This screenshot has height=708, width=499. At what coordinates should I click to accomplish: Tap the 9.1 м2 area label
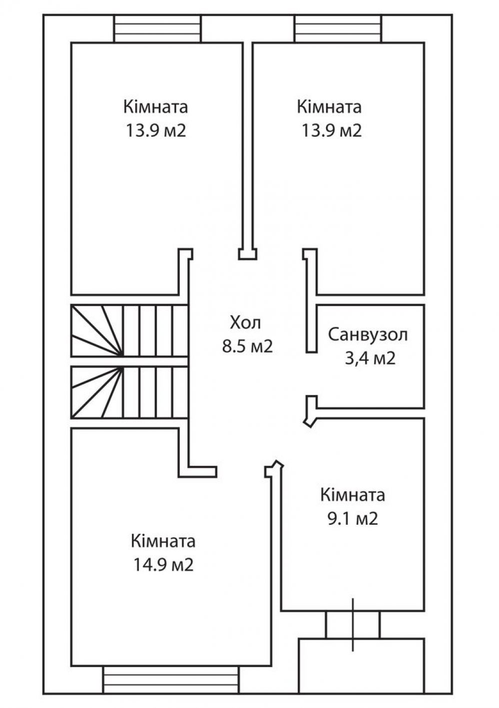tap(353, 519)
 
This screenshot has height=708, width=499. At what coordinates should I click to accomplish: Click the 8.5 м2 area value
tap(247, 347)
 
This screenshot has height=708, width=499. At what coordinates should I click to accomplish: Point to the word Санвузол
tap(368, 335)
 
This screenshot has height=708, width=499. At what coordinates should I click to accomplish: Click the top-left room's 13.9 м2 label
tap(156, 130)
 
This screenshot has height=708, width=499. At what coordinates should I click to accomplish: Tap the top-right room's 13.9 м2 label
tap(332, 130)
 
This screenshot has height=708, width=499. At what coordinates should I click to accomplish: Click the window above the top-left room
tap(157, 29)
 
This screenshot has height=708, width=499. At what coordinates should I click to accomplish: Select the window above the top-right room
tap(337, 29)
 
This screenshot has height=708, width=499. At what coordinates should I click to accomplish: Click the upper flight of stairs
tap(129, 331)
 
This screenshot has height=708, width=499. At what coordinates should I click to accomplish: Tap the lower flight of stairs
tap(129, 392)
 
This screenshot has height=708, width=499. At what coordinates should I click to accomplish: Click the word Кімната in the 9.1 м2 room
tap(353, 495)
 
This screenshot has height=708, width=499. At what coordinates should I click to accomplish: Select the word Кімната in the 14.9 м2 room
tap(163, 541)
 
